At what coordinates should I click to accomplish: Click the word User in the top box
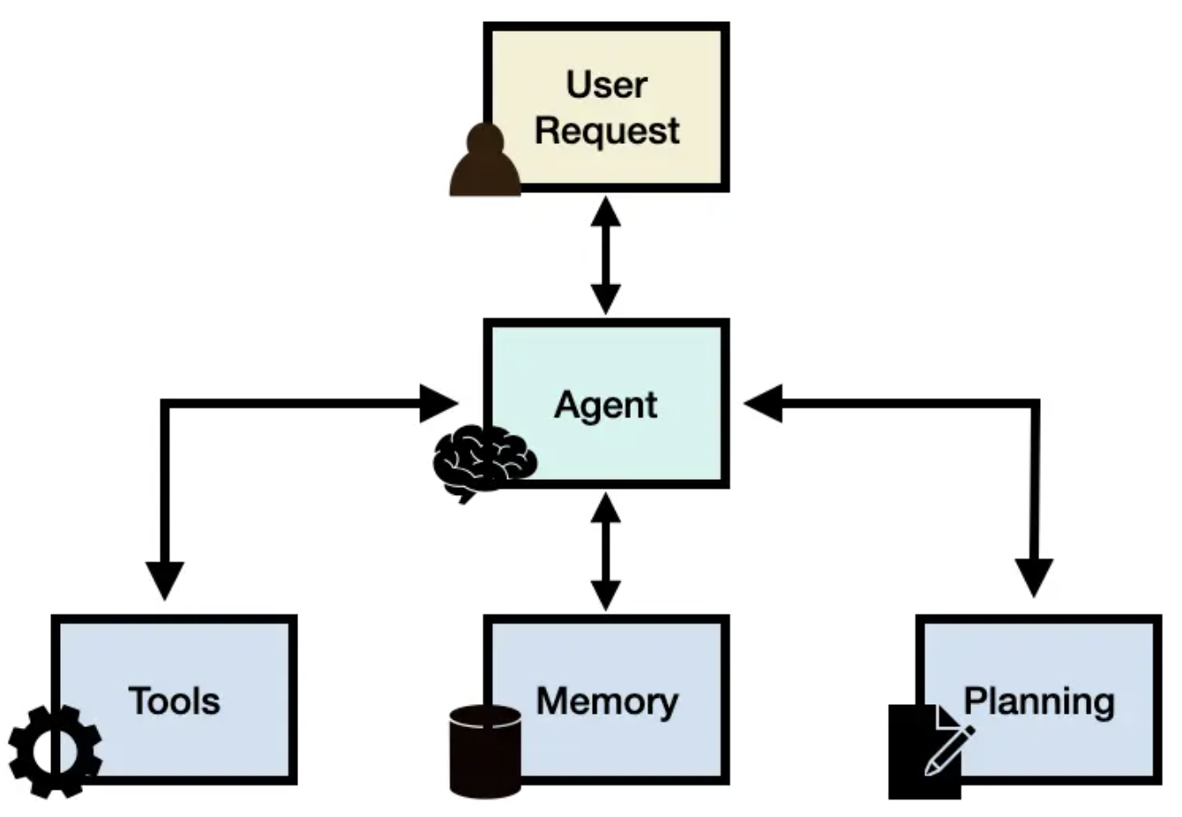[606, 85]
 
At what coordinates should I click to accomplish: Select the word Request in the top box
[607, 131]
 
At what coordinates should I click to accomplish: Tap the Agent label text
[605, 405]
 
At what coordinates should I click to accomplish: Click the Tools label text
[174, 701]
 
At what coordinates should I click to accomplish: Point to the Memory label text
[607, 701]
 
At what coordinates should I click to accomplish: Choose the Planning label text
[1038, 701]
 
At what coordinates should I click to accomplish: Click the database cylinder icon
[484, 751]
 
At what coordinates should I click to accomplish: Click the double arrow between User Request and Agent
[605, 256]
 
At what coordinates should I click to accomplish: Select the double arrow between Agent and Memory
[605, 551]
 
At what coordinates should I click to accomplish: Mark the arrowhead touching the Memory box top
[605, 595]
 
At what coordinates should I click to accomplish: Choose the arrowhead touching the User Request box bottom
[605, 211]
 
